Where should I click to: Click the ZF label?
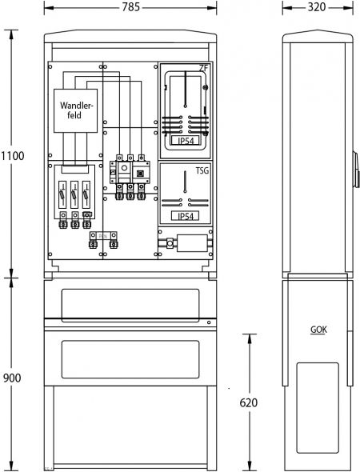[203, 69]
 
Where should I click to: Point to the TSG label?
[203, 172]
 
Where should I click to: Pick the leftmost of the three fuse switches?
[62, 194]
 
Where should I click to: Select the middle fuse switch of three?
[74, 194]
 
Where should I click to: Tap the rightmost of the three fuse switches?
[87, 194]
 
